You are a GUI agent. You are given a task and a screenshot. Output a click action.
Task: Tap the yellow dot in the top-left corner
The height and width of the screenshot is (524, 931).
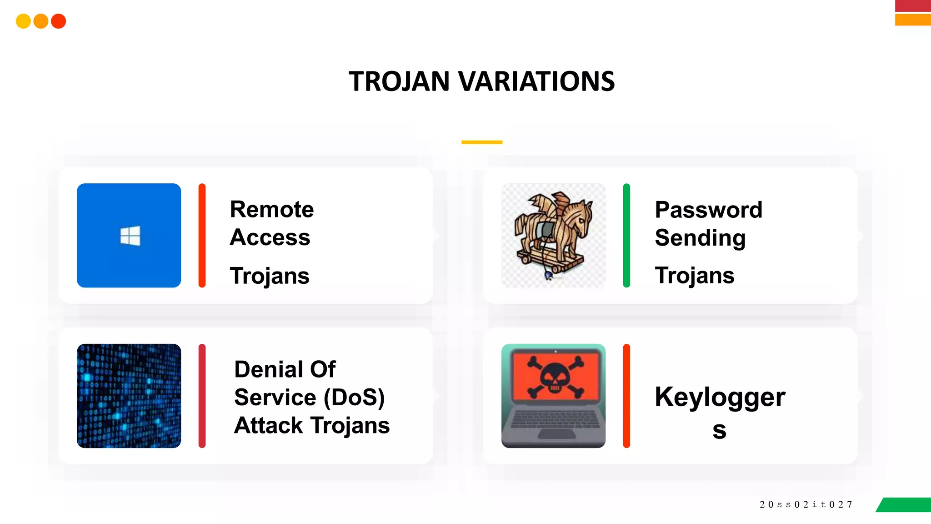point(23,21)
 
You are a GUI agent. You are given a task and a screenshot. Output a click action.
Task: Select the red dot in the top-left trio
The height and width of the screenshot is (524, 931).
point(59,21)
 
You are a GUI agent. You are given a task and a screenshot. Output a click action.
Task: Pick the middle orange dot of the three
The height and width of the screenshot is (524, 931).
point(41,21)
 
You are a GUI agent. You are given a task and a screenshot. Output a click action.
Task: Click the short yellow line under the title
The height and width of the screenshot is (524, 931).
point(482,142)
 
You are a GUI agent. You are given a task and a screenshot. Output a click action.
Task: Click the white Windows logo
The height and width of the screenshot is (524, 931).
point(130,236)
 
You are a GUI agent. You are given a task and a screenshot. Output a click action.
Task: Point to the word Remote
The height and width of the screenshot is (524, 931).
point(272,210)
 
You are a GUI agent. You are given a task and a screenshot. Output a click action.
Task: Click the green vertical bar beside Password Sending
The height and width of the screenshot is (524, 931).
point(626,235)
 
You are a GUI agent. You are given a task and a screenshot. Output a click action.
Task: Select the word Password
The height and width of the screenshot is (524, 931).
point(708,210)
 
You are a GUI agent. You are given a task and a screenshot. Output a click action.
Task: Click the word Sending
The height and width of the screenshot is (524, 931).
point(700,238)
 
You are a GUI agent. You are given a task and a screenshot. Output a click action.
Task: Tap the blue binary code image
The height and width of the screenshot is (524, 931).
point(129,396)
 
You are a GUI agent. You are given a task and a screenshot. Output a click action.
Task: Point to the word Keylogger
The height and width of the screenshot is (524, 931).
point(720,398)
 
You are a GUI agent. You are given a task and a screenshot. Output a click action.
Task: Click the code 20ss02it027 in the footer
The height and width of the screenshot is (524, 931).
point(806,504)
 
